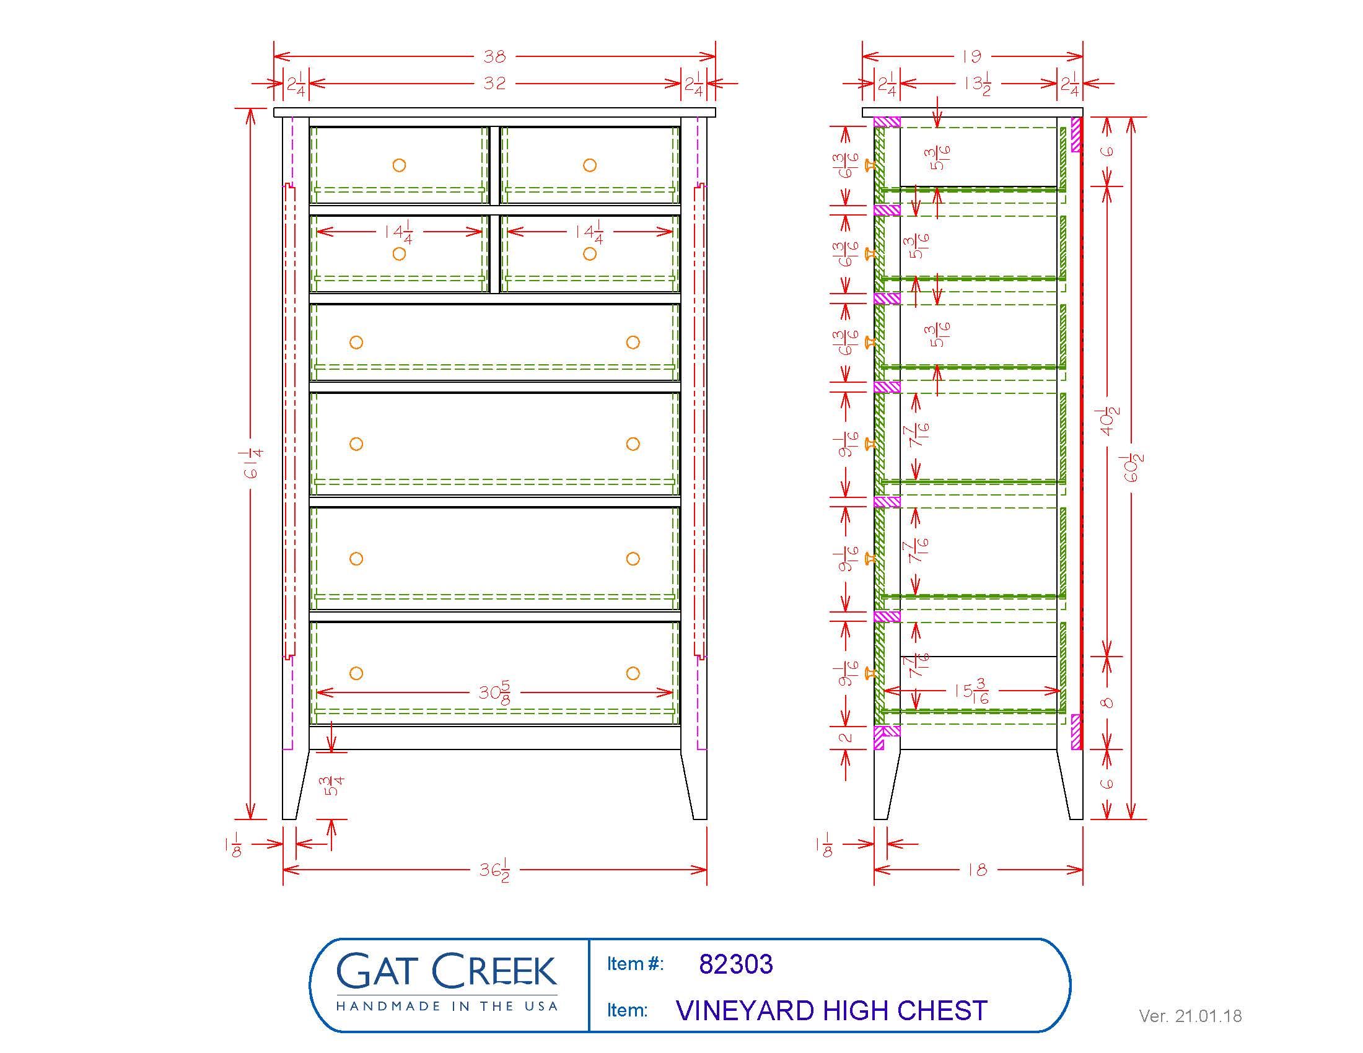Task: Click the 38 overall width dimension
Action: click(494, 57)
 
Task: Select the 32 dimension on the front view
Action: click(494, 83)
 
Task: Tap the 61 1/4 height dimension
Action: click(253, 463)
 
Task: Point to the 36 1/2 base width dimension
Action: click(494, 870)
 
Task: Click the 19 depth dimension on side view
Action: click(971, 57)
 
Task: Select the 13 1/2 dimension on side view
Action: click(977, 84)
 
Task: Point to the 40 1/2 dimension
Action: click(1108, 421)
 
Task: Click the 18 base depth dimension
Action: click(977, 870)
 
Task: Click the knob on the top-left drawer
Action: click(399, 165)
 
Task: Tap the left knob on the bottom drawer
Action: click(356, 673)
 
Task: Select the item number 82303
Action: click(736, 964)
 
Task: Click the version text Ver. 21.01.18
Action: click(1190, 1016)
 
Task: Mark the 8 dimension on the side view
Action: click(1108, 702)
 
